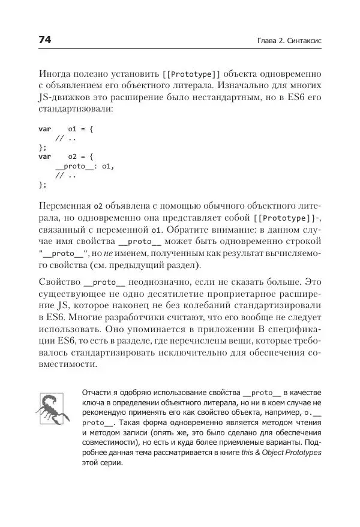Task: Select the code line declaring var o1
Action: tap(66, 128)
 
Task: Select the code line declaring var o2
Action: tap(66, 156)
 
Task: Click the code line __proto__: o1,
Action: tap(84, 166)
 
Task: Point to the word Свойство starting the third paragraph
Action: tap(58, 281)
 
